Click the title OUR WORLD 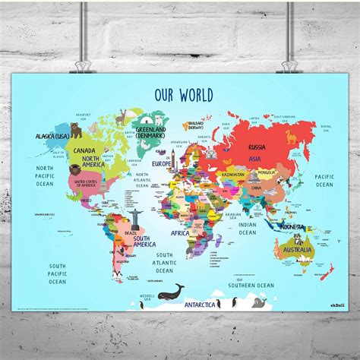click(x=184, y=95)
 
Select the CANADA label click(x=85, y=150)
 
